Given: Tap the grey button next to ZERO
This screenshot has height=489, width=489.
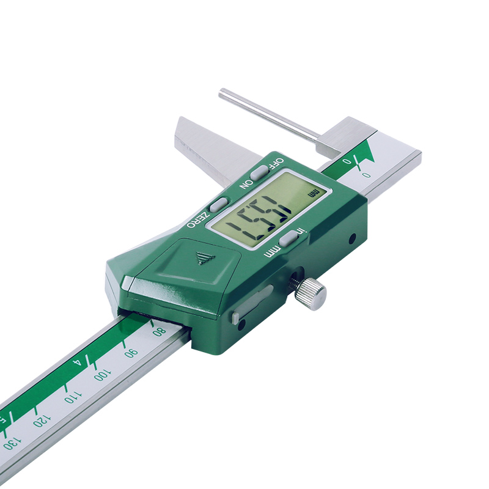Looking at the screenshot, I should pyautogui.click(x=219, y=204).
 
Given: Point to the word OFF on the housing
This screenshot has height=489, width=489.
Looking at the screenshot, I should pyautogui.click(x=276, y=163).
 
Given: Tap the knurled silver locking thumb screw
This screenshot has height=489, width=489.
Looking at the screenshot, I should pyautogui.click(x=310, y=293).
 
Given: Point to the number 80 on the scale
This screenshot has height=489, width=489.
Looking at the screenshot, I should pyautogui.click(x=159, y=332).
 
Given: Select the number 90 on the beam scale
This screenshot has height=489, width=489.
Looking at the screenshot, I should pyautogui.click(x=131, y=353).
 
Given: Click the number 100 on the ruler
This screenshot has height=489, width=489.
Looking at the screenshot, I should pyautogui.click(x=102, y=375).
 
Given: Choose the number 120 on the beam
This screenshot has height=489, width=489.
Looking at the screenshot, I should pyautogui.click(x=42, y=421).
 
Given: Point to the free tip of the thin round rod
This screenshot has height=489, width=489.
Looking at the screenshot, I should pyautogui.click(x=222, y=93).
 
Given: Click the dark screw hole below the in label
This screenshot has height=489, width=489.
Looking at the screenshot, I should pyautogui.click(x=352, y=239).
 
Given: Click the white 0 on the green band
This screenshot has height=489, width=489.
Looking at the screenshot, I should pyautogui.click(x=347, y=162).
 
